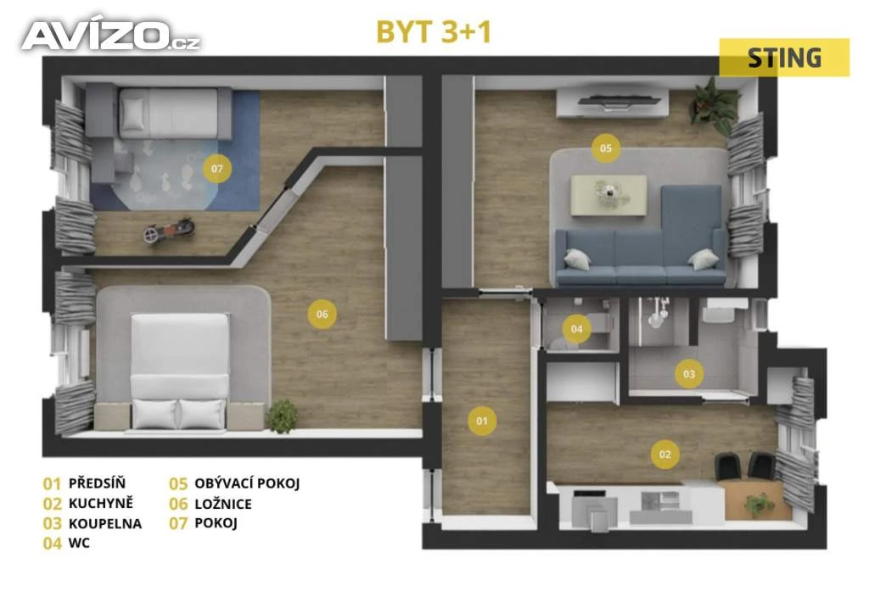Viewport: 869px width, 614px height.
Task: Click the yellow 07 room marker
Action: (217, 168)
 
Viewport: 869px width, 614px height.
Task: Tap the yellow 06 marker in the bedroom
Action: (322, 314)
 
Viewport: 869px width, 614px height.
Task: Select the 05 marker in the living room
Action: (606, 148)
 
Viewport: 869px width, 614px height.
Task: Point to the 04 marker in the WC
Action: (576, 329)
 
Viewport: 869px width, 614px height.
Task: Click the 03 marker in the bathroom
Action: (689, 374)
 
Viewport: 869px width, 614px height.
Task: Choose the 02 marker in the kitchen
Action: (665, 455)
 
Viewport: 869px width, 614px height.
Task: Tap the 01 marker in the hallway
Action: (482, 421)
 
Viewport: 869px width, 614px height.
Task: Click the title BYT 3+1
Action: (434, 31)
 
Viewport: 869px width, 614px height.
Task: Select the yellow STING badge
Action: (784, 58)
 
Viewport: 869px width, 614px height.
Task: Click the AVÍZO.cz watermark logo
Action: (111, 36)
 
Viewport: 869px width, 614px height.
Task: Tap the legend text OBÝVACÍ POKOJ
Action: (247, 483)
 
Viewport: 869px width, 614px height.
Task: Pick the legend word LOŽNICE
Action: (223, 504)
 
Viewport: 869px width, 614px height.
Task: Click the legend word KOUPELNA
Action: (105, 523)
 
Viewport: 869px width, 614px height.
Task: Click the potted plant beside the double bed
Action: (282, 416)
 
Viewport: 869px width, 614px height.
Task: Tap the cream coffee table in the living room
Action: (609, 195)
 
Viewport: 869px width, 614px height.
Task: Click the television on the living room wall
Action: (619, 100)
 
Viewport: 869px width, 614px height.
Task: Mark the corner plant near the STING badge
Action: (714, 106)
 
